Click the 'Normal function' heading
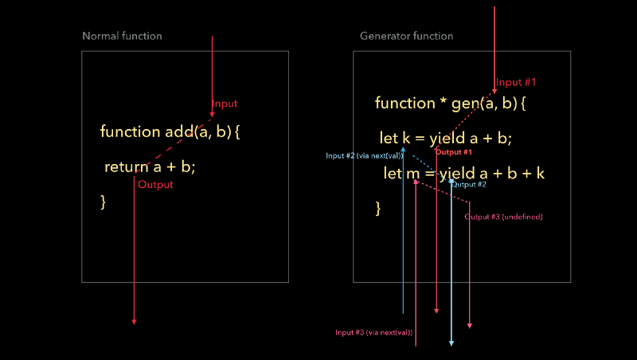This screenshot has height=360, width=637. pyautogui.click(x=122, y=36)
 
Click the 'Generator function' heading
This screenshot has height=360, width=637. pyautogui.click(x=406, y=36)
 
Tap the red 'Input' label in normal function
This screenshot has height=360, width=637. pyautogui.click(x=225, y=104)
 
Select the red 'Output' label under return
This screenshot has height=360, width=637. pyautogui.click(x=155, y=185)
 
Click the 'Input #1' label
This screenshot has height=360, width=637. pyautogui.click(x=517, y=82)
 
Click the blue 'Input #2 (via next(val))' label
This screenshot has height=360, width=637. pyautogui.click(x=364, y=155)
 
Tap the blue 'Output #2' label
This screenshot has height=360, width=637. pyautogui.click(x=469, y=185)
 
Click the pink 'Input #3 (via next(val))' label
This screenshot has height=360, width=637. pyautogui.click(x=373, y=332)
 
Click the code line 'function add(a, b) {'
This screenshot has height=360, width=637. pyautogui.click(x=170, y=131)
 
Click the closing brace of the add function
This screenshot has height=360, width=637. pyautogui.click(x=104, y=202)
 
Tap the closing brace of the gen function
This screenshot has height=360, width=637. pyautogui.click(x=378, y=209)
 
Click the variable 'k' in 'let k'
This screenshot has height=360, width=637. pyautogui.click(x=406, y=139)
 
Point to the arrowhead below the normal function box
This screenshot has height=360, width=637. pyautogui.click(x=134, y=322)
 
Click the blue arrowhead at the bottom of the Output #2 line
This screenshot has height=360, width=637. pyautogui.click(x=451, y=343)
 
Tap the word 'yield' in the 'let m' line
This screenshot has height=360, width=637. pyautogui.click(x=452, y=174)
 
